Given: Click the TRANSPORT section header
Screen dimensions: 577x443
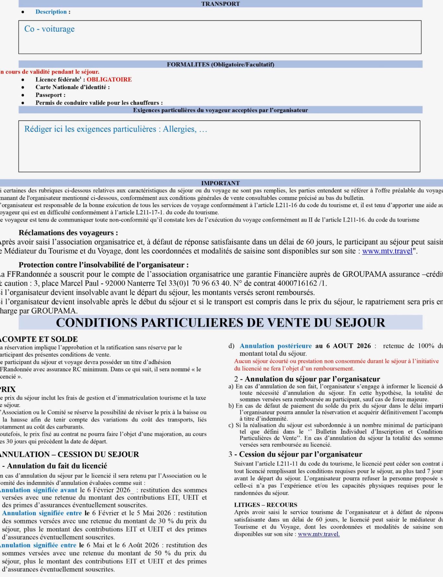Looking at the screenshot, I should pos(221,4).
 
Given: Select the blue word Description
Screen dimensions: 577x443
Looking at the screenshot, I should pos(51,12).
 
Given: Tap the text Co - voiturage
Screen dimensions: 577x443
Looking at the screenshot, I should pos(49,29).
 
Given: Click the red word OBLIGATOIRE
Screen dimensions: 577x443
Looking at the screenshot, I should pos(109,79).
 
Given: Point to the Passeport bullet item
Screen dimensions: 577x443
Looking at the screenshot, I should pos(50,95).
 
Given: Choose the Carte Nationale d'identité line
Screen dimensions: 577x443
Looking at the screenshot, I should pos(72,87).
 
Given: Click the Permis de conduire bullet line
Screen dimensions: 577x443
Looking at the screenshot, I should pos(99,103).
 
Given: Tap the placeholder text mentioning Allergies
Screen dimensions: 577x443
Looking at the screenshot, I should pos(115,129).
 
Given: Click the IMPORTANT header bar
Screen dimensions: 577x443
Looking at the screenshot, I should pos(221,183).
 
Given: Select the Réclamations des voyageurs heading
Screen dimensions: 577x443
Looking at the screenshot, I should pos(68,233).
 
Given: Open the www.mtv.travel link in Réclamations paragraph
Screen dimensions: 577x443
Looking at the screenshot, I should pos(387,251).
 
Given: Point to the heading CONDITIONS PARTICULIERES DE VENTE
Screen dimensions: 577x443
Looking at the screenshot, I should pos(221,323).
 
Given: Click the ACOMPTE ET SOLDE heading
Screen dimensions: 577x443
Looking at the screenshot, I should pos(39,339).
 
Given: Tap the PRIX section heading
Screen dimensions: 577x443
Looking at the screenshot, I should pos(8,389).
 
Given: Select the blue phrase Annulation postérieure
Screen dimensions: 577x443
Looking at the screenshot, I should pos(275,346).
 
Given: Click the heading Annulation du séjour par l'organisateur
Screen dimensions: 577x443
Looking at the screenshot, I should pos(312,379).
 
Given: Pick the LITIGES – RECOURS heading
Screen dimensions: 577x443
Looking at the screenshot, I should pos(265,505).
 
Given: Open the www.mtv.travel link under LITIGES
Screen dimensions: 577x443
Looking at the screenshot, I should pos(318,534).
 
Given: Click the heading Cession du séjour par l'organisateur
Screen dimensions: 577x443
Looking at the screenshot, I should pos(300,454).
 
